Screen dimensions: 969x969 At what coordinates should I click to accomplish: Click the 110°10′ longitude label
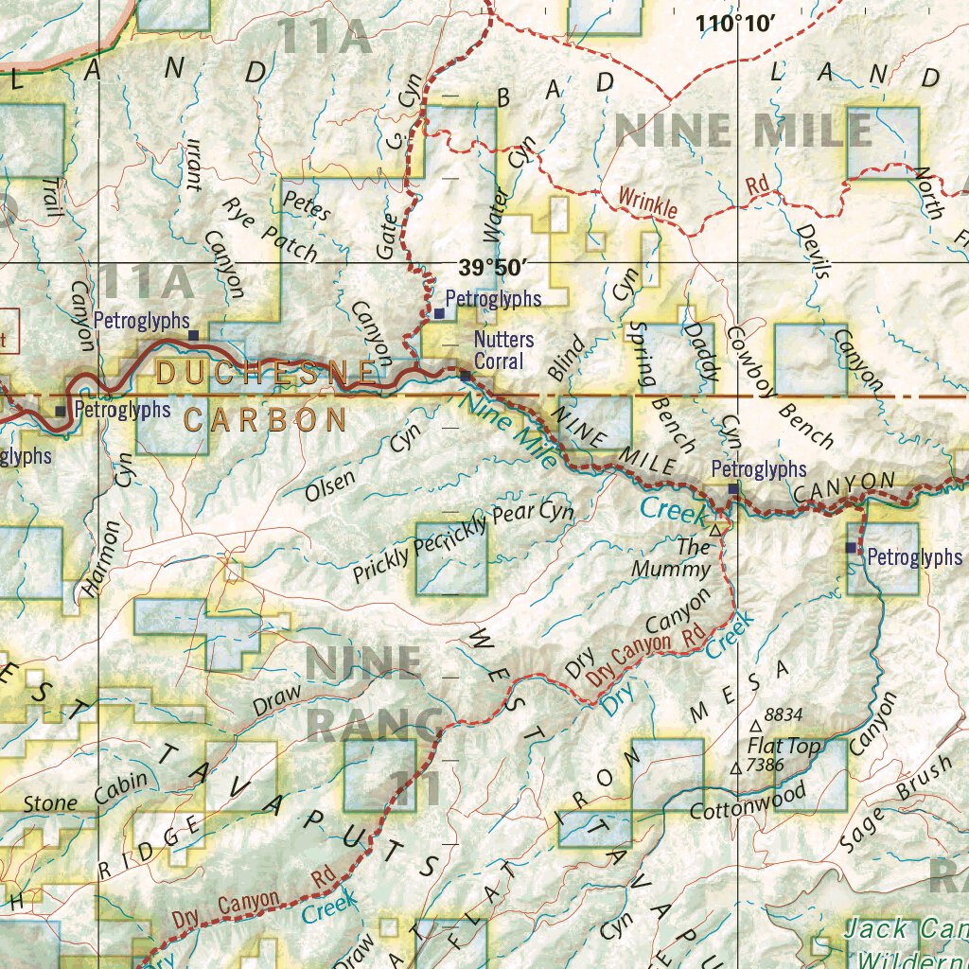(x=735, y=24)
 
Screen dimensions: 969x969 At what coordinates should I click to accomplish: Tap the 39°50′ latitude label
(x=491, y=268)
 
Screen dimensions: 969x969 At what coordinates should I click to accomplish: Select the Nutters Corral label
(x=503, y=350)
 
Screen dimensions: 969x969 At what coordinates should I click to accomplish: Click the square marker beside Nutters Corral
(x=466, y=376)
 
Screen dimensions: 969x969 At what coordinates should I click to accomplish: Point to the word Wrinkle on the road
(x=648, y=203)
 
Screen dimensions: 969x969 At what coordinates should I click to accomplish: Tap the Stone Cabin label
(x=85, y=793)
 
